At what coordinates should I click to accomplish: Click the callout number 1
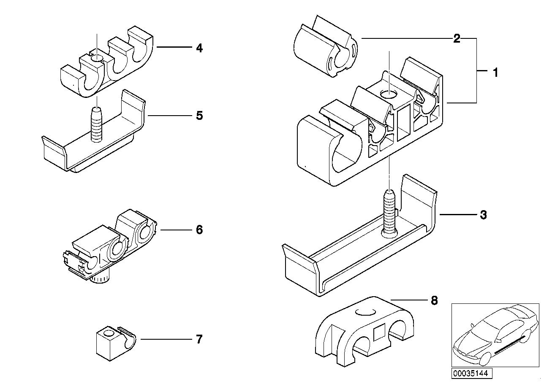point(495,73)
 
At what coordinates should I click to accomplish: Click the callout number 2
point(456,39)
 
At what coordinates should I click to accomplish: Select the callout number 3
point(484,215)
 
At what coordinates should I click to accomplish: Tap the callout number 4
point(199,48)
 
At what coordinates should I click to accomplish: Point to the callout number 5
point(199,115)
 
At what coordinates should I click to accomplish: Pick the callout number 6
point(199,230)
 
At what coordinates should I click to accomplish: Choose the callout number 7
point(199,339)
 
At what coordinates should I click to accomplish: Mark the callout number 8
point(434,300)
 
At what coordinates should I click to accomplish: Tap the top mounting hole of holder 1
point(389,94)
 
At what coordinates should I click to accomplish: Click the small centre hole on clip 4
point(98,58)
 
